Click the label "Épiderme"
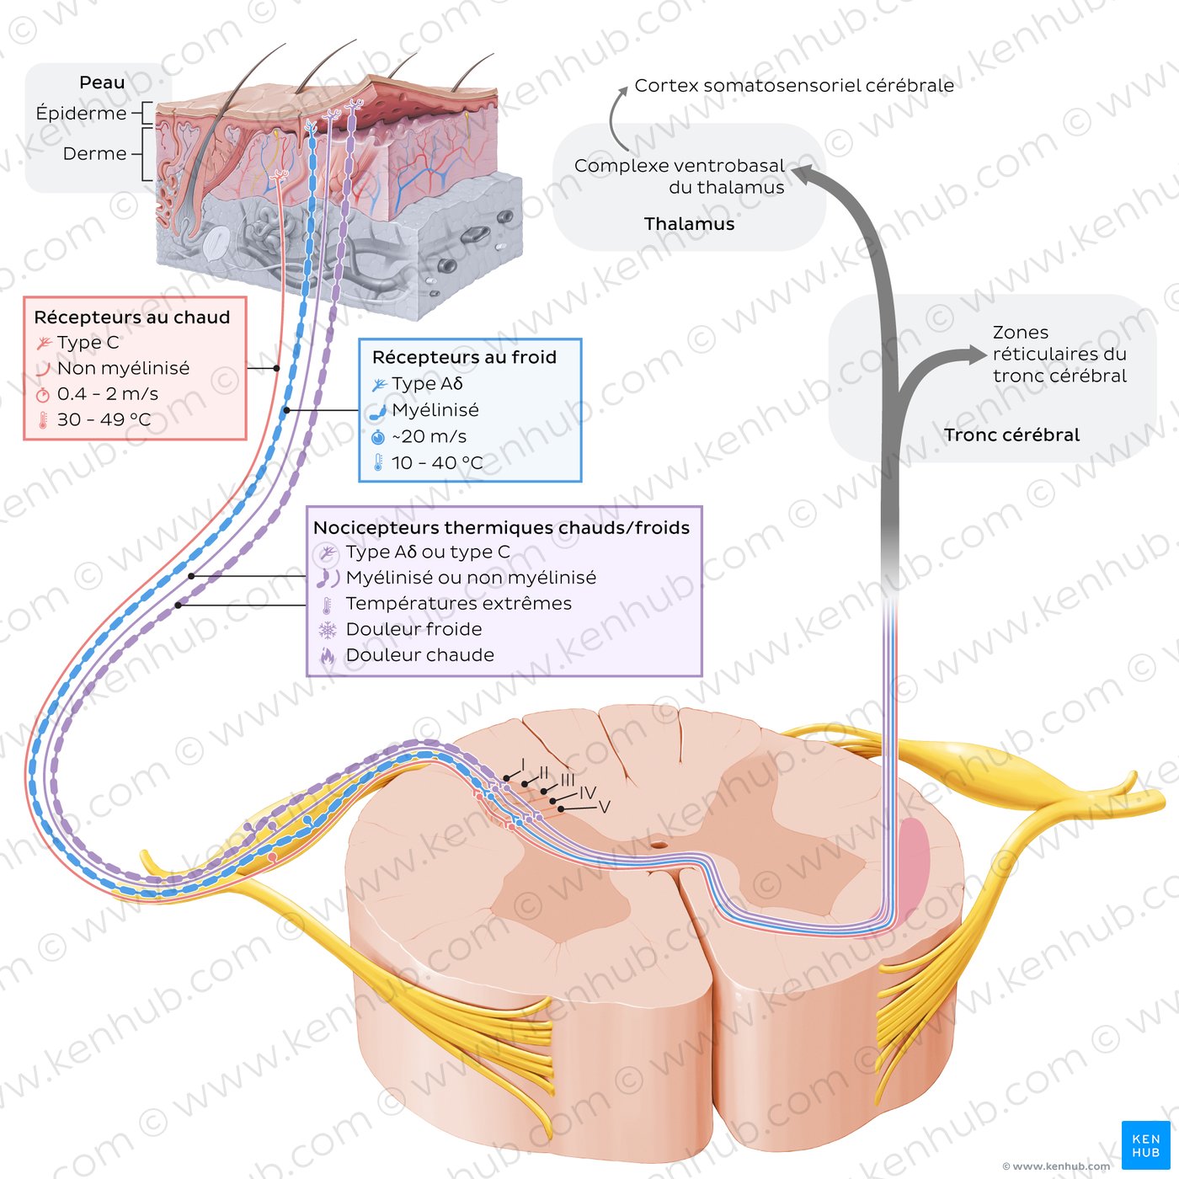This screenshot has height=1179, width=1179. pos(81,113)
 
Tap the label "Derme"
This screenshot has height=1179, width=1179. pos(95,153)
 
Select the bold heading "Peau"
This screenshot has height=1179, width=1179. pos(102,83)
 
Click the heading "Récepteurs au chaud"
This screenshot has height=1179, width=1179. pos(132,317)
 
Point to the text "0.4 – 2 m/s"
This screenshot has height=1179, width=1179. pos(108,393)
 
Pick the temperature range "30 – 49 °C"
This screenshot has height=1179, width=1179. pos(104,419)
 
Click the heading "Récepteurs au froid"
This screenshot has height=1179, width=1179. pos(464,357)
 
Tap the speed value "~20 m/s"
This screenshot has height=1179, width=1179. pos(429,436)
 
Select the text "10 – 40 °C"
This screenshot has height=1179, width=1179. pos(437,462)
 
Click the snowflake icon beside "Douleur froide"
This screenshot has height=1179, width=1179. pos(328,630)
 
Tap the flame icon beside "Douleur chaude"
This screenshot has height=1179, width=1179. pos(328,656)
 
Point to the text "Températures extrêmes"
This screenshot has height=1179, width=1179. pos(459,603)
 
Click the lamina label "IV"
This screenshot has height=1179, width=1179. pos(587,793)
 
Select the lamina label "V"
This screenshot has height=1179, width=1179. pos(604,808)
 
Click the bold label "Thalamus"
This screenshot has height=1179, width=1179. pos(689,224)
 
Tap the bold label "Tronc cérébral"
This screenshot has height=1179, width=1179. pos(1011,435)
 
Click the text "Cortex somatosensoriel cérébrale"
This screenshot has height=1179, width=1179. pos(794,86)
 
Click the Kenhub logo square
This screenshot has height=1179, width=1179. pos(1145,1144)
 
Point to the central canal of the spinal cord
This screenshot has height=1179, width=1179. pos(659,846)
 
